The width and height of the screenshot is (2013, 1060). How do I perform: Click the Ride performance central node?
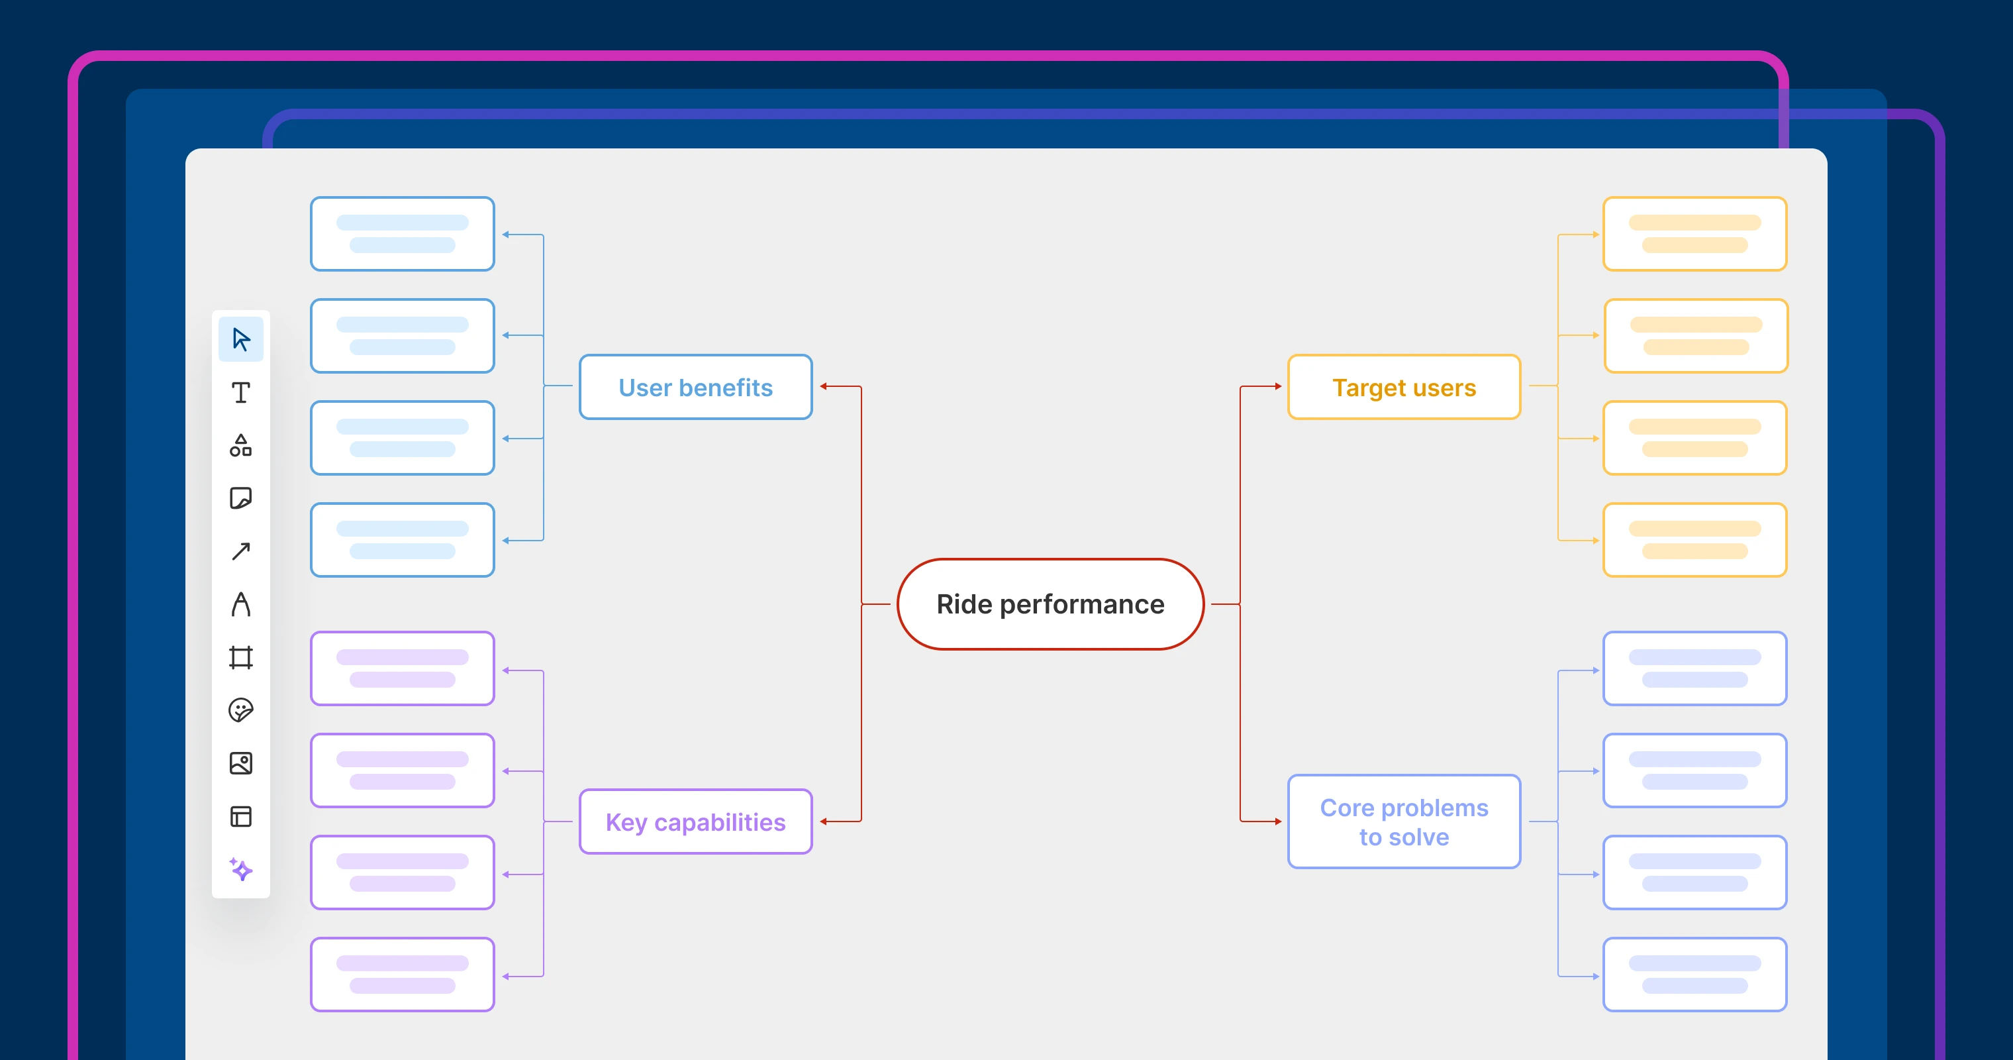[x=1050, y=604]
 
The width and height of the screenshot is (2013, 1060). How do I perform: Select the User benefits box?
[x=695, y=387]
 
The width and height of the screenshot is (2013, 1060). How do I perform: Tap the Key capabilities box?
[x=695, y=821]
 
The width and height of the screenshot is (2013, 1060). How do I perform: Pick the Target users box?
[x=1404, y=387]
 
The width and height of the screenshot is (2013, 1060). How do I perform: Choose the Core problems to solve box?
[x=1404, y=821]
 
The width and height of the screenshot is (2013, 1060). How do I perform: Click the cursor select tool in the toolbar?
[x=240, y=339]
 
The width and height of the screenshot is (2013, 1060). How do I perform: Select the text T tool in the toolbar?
[x=240, y=392]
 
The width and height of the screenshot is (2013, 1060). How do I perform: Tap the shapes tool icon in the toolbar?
[x=240, y=446]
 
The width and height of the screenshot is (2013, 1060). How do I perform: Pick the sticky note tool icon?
[x=240, y=498]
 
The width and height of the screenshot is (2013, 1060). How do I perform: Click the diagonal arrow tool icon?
[x=240, y=551]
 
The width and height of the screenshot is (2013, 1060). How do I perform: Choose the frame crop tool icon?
[x=240, y=657]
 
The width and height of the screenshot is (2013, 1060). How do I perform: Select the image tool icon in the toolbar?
[x=240, y=763]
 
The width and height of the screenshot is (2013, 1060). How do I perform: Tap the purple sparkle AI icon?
[x=240, y=869]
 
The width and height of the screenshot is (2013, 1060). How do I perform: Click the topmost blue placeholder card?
[x=403, y=234]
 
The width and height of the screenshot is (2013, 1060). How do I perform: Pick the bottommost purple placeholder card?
[x=403, y=974]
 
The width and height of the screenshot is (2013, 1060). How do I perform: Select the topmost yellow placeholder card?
[x=1694, y=234]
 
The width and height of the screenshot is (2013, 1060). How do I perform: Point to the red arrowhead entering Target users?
[x=1278, y=386]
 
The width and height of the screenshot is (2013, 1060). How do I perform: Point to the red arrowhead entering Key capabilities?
[x=824, y=821]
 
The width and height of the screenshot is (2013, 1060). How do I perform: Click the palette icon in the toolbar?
[x=240, y=710]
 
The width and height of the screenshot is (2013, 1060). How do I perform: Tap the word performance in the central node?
[x=1081, y=604]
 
